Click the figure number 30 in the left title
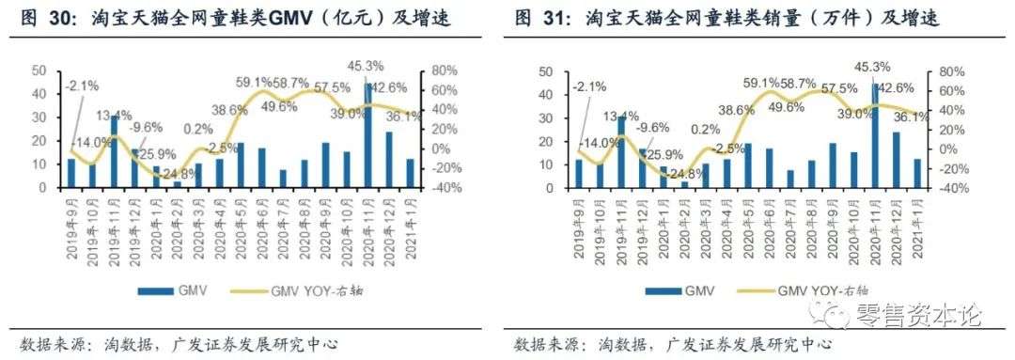pos(67,18)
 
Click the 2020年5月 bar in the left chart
pos(240,165)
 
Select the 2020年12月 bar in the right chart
pos(897,160)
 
